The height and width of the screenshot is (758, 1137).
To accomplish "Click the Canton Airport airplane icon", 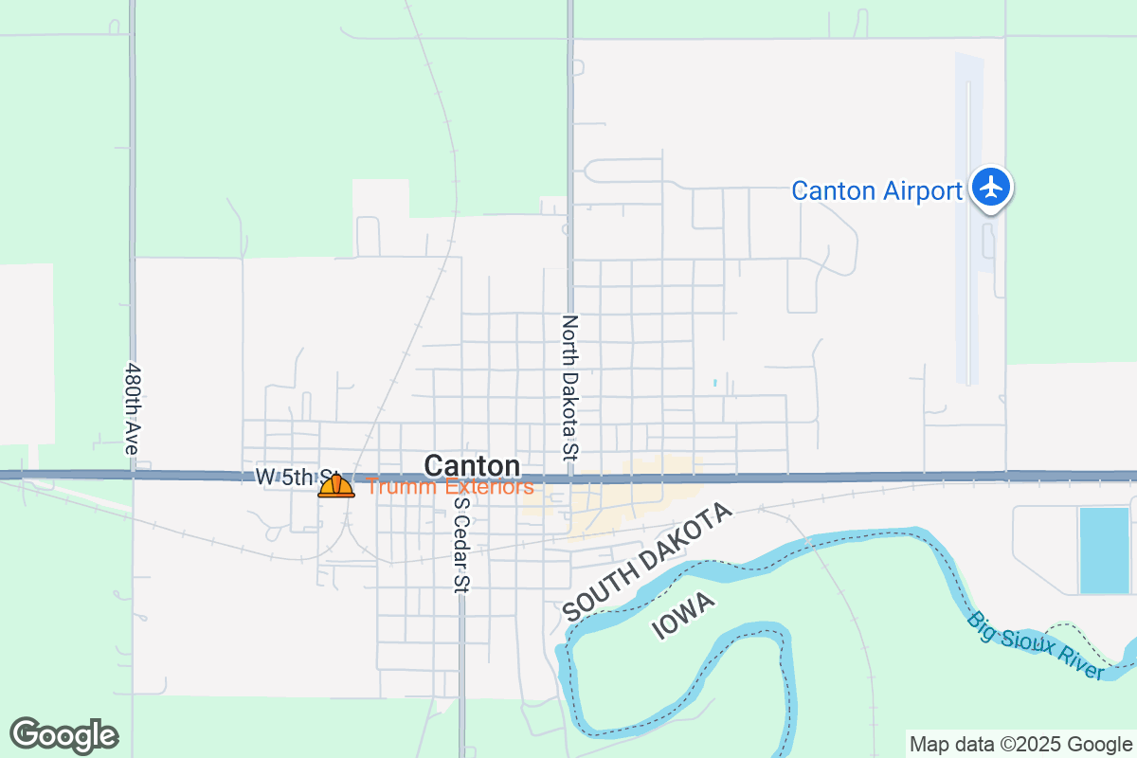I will click(x=991, y=187).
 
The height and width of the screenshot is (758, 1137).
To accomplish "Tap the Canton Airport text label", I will click(x=876, y=191).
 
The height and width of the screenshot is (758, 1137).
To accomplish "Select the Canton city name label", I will click(x=472, y=466).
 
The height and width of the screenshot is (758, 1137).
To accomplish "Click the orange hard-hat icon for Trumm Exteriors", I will click(x=336, y=486).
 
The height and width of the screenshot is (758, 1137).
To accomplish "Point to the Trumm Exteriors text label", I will click(x=450, y=487).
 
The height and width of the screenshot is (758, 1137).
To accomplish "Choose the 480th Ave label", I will click(x=133, y=407).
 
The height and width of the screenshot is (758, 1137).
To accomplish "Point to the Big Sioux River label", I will click(x=1036, y=646).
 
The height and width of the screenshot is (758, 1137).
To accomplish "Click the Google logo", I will click(x=63, y=735).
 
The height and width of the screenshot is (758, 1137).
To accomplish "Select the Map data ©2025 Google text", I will click(x=1020, y=744).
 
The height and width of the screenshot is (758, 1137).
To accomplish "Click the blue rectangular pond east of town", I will click(x=1104, y=550).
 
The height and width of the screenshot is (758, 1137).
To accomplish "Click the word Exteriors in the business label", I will click(x=490, y=487).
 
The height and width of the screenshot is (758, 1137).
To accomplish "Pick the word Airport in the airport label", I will click(x=921, y=191).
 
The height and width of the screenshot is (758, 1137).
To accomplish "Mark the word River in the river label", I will click(x=1079, y=666).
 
